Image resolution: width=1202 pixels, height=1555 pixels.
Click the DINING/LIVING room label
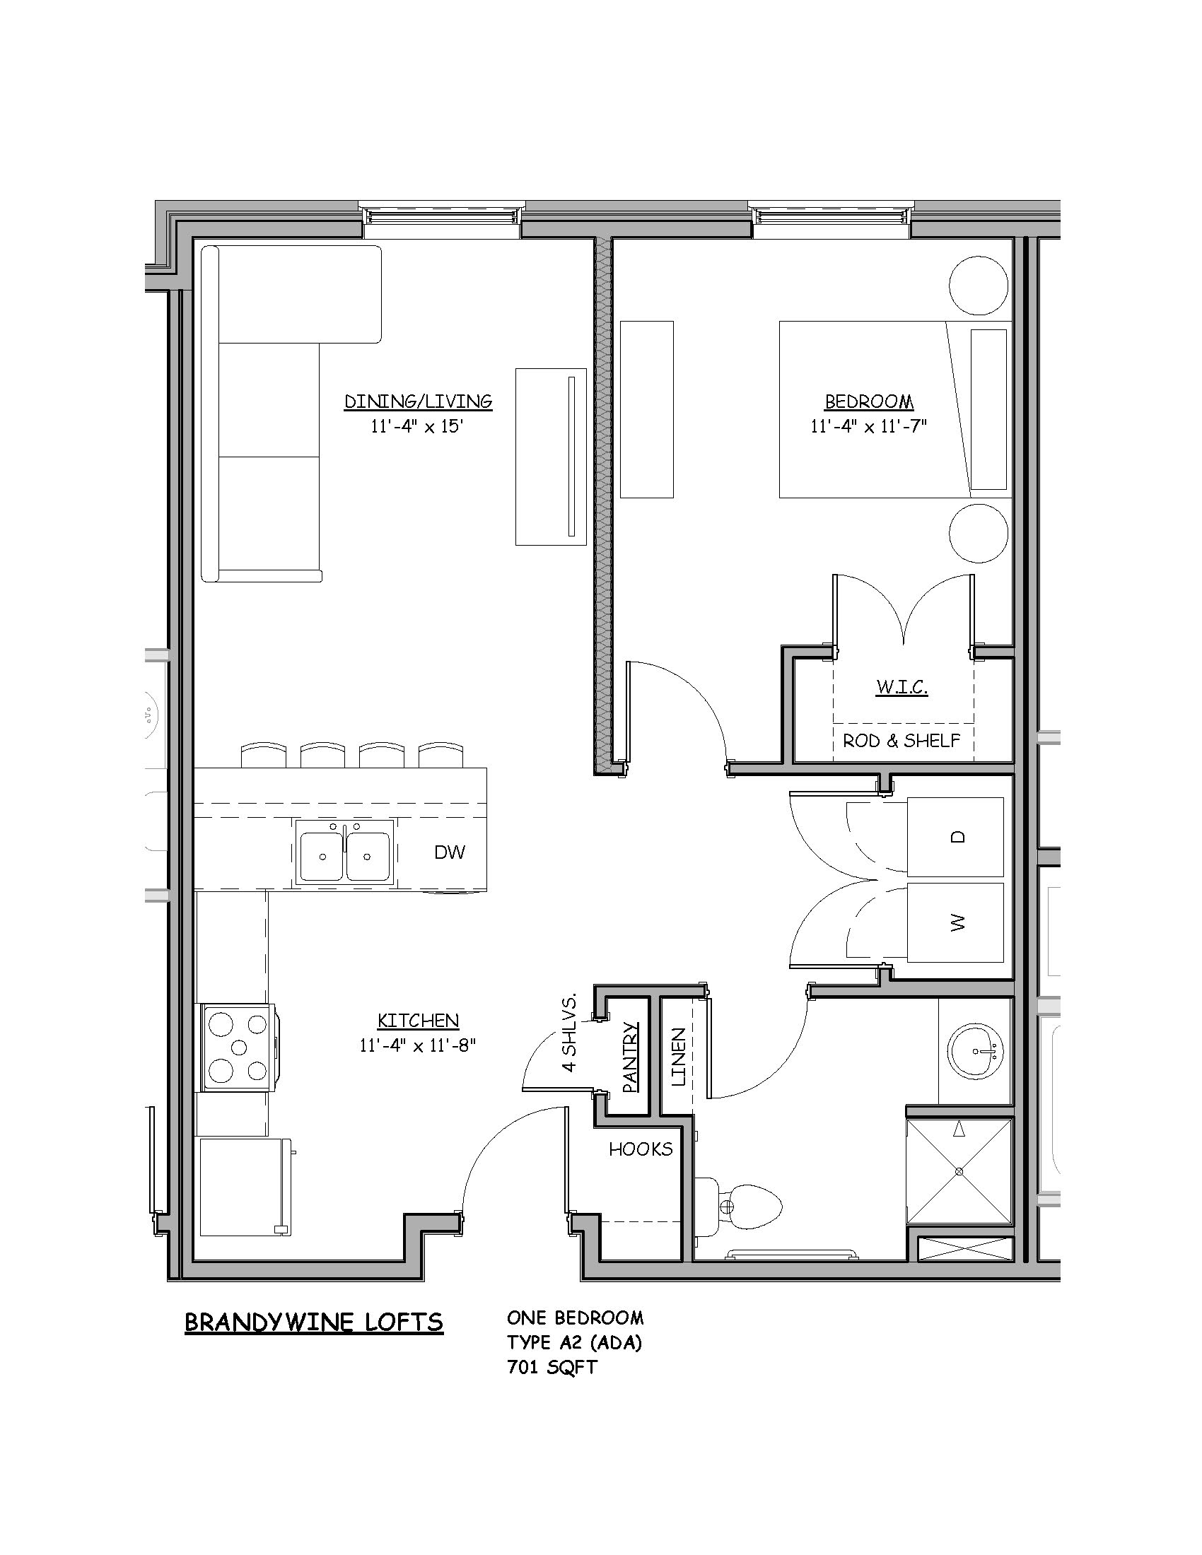pyautogui.click(x=418, y=401)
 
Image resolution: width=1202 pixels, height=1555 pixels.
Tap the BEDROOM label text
pyautogui.click(x=869, y=401)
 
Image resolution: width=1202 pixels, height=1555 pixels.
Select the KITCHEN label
pyautogui.click(x=418, y=1021)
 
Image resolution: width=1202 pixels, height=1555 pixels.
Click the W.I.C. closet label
pyautogui.click(x=902, y=688)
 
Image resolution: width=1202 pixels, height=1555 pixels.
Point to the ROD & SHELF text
pyautogui.click(x=901, y=741)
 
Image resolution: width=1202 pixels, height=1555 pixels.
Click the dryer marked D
pyautogui.click(x=955, y=837)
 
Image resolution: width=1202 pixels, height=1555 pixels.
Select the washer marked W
pyautogui.click(x=955, y=922)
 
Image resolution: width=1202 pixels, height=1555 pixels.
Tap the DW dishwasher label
pyautogui.click(x=449, y=852)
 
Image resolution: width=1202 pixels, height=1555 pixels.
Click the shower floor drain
pyautogui.click(x=959, y=1170)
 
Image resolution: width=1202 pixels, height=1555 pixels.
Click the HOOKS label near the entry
pyautogui.click(x=641, y=1149)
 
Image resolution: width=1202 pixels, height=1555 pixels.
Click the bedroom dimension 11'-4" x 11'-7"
pyautogui.click(x=869, y=426)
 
